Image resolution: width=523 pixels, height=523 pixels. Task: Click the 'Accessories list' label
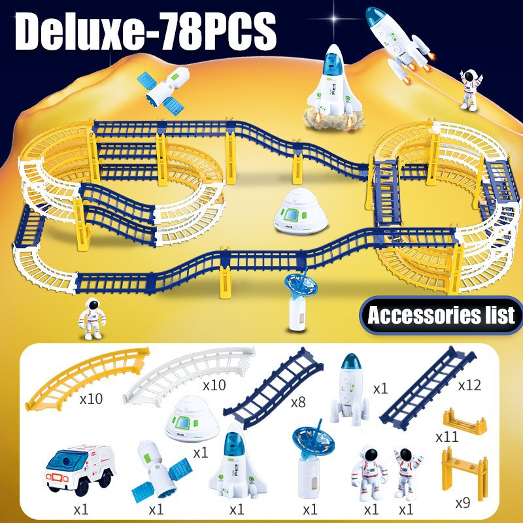(441, 316)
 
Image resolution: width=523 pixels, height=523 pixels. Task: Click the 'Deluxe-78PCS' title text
(146, 29)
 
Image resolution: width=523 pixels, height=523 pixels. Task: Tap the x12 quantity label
(469, 384)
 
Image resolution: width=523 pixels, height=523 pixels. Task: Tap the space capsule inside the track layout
(295, 211)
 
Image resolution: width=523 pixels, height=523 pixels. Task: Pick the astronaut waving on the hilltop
(469, 89)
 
